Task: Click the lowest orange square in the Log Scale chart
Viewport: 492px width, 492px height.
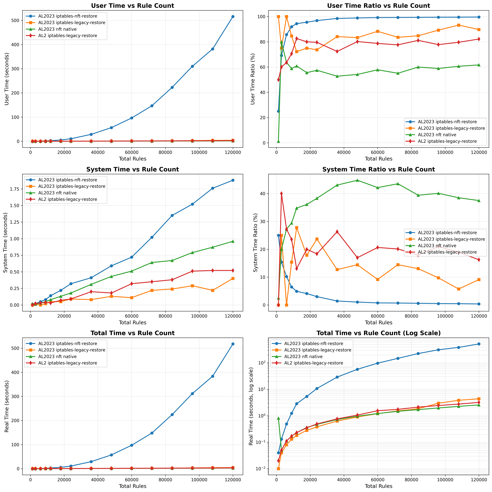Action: point(278,469)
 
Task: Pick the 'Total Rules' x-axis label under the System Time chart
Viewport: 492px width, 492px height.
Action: point(132,322)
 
